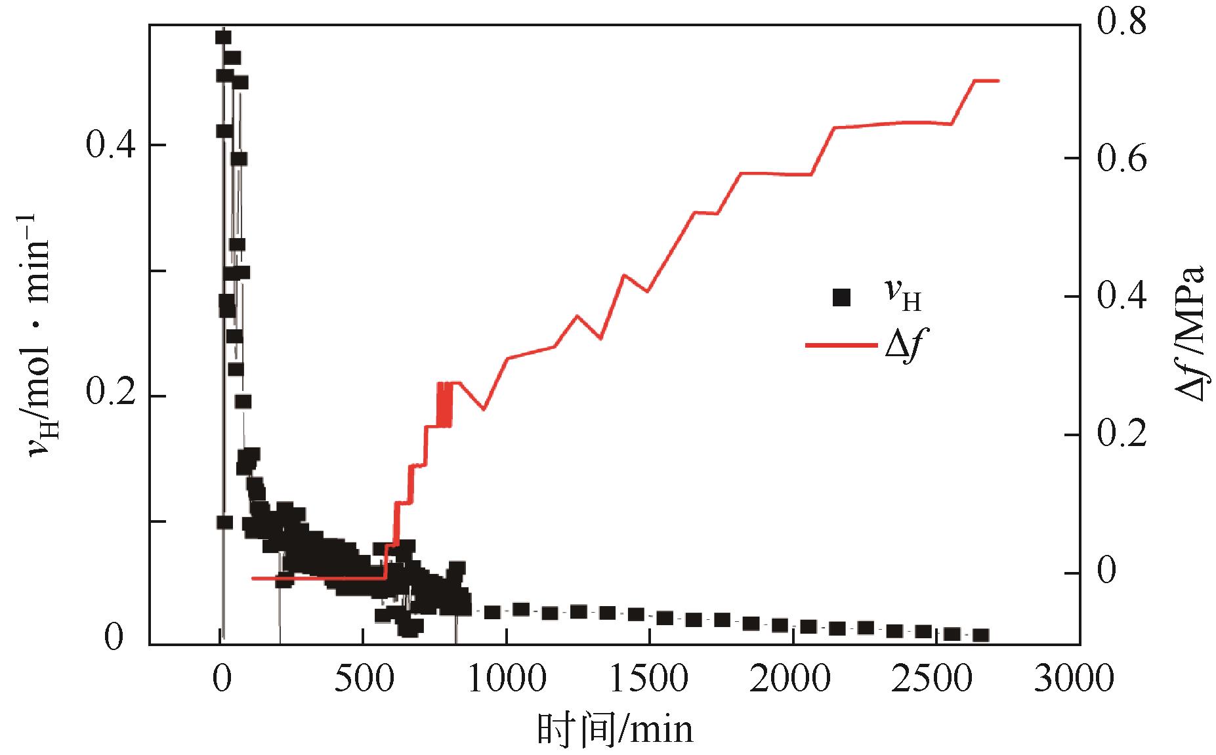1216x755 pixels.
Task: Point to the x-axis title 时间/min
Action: (615, 729)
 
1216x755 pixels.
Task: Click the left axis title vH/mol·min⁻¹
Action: (39, 335)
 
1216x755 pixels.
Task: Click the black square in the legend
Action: (841, 298)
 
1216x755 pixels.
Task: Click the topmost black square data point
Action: (223, 37)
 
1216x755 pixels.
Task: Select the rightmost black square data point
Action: (980, 635)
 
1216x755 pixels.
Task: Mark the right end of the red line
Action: (998, 81)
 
